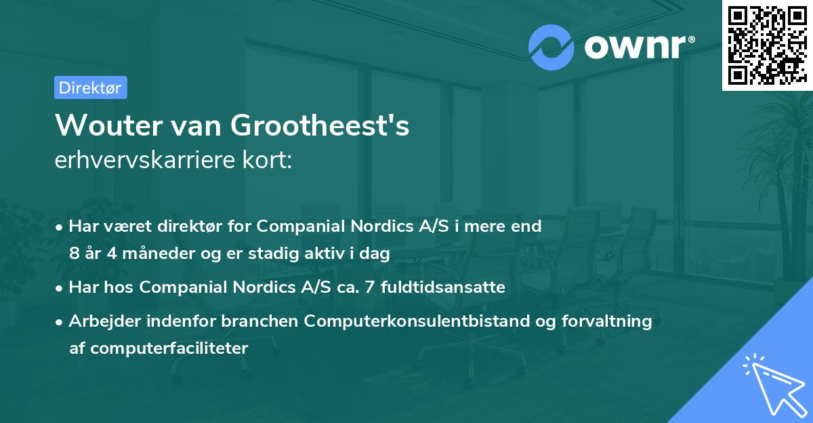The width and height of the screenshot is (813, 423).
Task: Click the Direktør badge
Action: coord(90,87)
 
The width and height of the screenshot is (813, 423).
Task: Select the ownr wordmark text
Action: coord(635,47)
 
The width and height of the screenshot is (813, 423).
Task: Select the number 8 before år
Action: coord(74,254)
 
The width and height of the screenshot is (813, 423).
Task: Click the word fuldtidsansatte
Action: coord(449,287)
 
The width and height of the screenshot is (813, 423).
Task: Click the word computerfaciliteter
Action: coord(159,348)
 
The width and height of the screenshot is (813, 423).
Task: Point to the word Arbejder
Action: coord(100,321)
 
